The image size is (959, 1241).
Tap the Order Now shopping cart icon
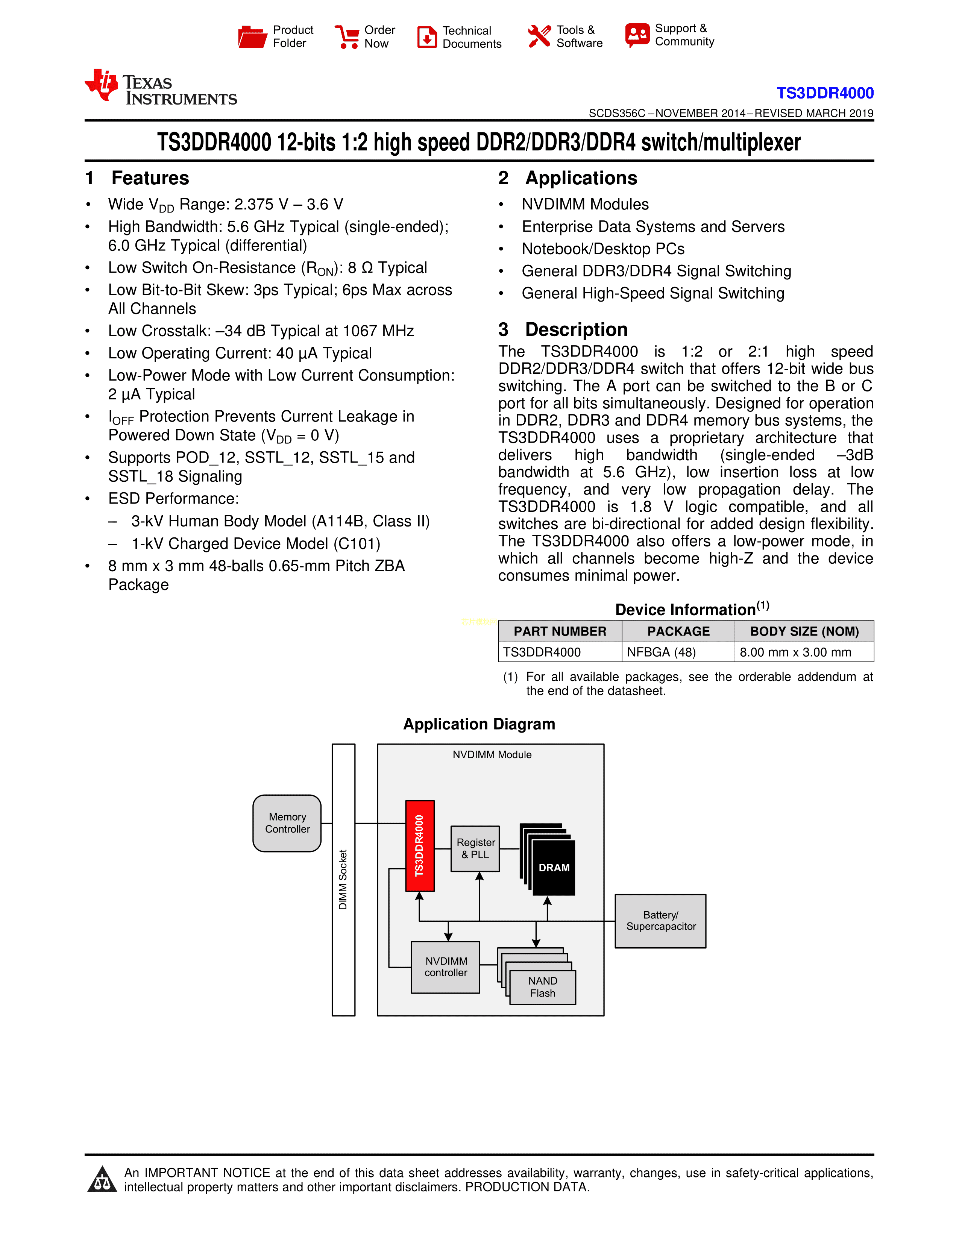tap(347, 37)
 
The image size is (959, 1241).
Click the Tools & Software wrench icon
tap(539, 36)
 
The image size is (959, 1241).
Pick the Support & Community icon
tap(637, 35)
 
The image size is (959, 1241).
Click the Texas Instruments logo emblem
tap(102, 85)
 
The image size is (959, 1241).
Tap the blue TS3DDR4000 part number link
tap(824, 93)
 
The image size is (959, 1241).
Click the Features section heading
tap(150, 178)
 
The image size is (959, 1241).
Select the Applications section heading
tap(581, 178)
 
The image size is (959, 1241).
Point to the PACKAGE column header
tap(678, 631)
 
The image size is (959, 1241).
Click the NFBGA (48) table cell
tap(661, 652)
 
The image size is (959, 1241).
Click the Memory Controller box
tap(287, 823)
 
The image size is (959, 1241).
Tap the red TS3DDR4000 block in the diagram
tap(420, 845)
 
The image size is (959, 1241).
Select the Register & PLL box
tap(475, 848)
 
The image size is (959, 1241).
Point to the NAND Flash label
tap(543, 987)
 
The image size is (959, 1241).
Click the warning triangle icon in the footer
tap(102, 1180)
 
